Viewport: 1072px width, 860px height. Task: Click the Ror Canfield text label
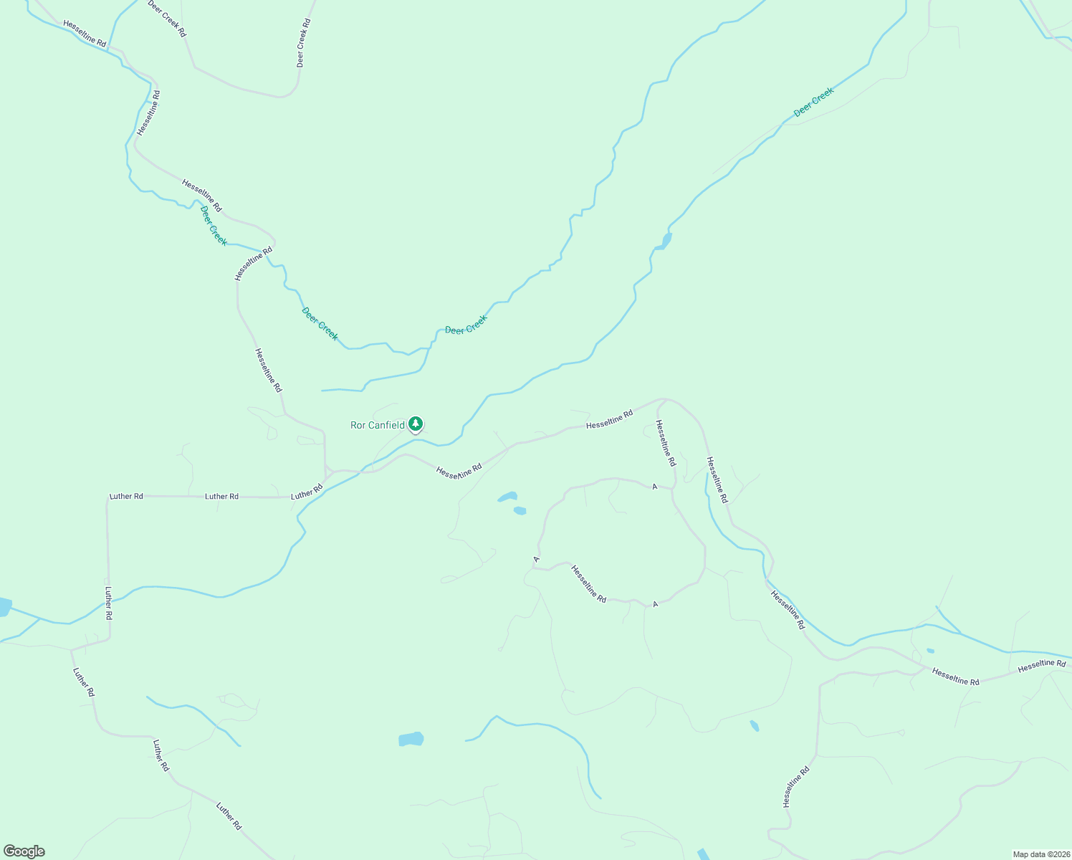pyautogui.click(x=377, y=425)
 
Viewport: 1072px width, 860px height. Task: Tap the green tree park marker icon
pyautogui.click(x=416, y=424)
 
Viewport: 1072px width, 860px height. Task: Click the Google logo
pyautogui.click(x=24, y=851)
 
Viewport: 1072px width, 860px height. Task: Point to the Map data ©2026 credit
pyautogui.click(x=1041, y=854)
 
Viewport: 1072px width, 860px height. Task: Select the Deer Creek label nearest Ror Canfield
pyautogui.click(x=466, y=325)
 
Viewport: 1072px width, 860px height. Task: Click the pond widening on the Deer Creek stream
pyautogui.click(x=664, y=241)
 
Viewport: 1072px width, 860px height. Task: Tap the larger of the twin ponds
pyautogui.click(x=507, y=497)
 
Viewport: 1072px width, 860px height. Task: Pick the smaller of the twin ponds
pyautogui.click(x=520, y=511)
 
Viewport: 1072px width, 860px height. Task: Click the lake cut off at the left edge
pyautogui.click(x=4, y=607)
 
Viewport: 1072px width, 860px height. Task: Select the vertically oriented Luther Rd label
pyautogui.click(x=109, y=603)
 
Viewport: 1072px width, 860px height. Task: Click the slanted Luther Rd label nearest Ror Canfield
pyautogui.click(x=307, y=492)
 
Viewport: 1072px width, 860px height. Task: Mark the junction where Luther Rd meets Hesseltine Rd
pyautogui.click(x=327, y=473)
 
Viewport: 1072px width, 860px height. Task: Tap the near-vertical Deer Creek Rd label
pyautogui.click(x=303, y=43)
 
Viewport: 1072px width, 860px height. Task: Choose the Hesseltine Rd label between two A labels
pyautogui.click(x=588, y=583)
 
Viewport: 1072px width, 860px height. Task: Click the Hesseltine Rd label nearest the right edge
pyautogui.click(x=1042, y=664)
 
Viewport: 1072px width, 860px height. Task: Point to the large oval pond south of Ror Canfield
pyautogui.click(x=411, y=739)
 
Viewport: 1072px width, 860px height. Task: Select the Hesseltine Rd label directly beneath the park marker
pyautogui.click(x=459, y=471)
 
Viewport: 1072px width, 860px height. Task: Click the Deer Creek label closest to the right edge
pyautogui.click(x=813, y=102)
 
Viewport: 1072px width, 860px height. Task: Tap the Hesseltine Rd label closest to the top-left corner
pyautogui.click(x=85, y=34)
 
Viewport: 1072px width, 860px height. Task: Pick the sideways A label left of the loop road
pyautogui.click(x=536, y=558)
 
